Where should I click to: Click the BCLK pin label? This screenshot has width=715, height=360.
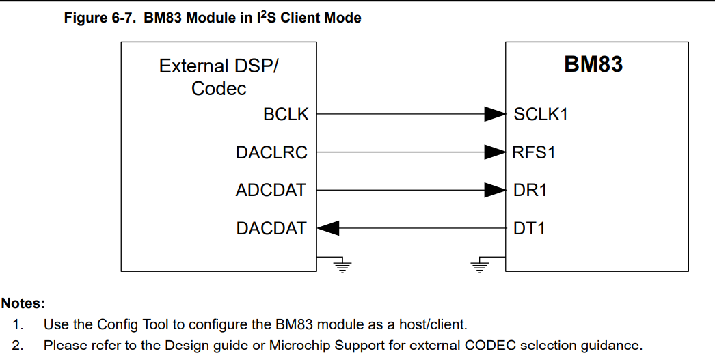(x=286, y=115)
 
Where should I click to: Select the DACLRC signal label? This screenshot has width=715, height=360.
(x=271, y=153)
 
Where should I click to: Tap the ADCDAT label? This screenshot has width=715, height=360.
(x=271, y=191)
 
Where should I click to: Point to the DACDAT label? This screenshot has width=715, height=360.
(x=271, y=229)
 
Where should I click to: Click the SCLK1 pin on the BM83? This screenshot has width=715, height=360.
(x=541, y=115)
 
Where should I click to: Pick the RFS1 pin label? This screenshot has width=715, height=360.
(x=534, y=153)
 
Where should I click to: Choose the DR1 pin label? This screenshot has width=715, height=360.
(x=530, y=191)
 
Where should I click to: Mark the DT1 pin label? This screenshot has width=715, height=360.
(x=529, y=229)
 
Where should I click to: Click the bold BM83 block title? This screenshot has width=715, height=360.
(x=593, y=64)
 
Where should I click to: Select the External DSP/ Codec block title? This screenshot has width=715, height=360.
(x=219, y=77)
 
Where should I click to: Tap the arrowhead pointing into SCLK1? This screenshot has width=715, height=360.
(x=495, y=114)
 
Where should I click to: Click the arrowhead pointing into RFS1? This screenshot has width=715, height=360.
(x=495, y=152)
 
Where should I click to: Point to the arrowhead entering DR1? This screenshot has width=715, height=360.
(x=495, y=191)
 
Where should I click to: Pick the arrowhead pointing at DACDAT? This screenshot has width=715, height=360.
(x=328, y=229)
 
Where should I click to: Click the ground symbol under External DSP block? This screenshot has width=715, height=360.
(x=340, y=265)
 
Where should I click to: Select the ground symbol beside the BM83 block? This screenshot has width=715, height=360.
(x=481, y=265)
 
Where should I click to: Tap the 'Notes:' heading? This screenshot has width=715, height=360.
(x=23, y=303)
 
